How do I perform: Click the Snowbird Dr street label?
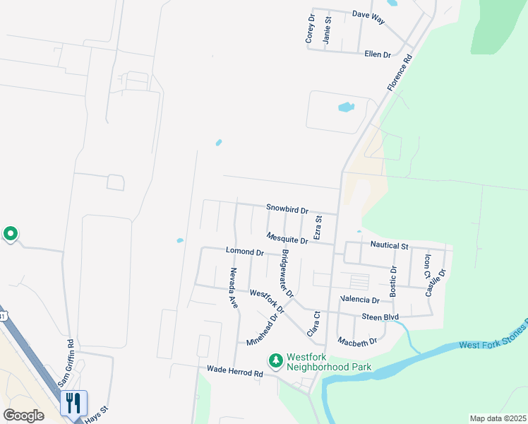click(287, 209)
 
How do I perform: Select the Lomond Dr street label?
click(244, 252)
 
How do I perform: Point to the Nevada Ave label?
click(233, 287)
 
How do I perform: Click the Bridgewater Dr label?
click(287, 273)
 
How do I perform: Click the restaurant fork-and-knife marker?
click(74, 403)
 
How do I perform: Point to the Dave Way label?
click(368, 16)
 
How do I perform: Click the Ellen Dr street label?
click(378, 54)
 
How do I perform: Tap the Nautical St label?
click(390, 246)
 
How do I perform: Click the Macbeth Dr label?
click(357, 341)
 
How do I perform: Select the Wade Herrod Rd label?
click(229, 370)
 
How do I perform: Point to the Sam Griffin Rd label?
click(71, 358)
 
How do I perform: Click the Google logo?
click(23, 415)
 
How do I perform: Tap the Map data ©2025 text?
click(497, 418)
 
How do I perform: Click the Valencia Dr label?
click(360, 300)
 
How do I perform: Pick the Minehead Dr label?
click(263, 329)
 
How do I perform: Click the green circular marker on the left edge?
click(11, 233)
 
